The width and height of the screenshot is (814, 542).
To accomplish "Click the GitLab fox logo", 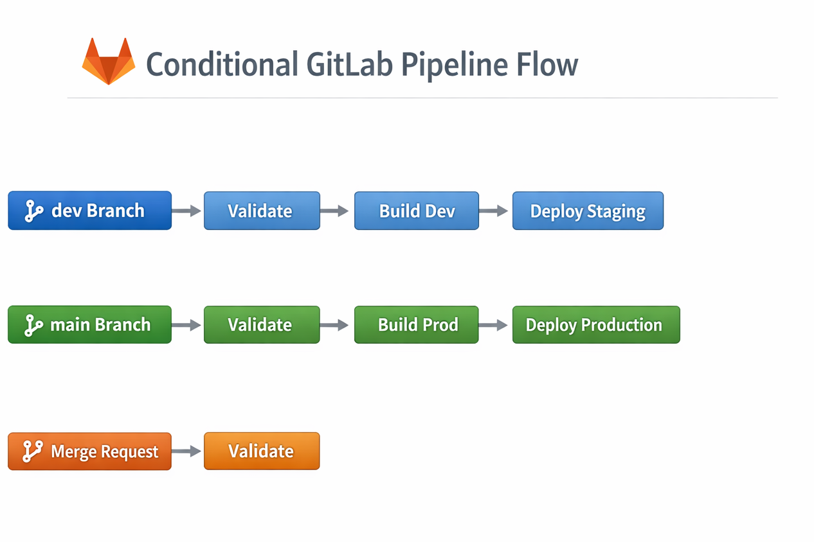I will (x=109, y=62).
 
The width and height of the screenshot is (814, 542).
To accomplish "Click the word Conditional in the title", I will (x=222, y=64).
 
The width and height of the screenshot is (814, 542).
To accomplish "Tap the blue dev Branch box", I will (x=89, y=211).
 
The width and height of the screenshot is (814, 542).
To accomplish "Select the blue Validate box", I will (x=262, y=211).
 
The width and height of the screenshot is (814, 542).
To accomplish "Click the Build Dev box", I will (x=416, y=211).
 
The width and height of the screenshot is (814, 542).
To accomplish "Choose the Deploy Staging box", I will (x=587, y=211).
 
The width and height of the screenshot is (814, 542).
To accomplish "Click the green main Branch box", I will (x=89, y=325).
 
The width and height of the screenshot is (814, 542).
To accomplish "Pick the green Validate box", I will (x=262, y=325).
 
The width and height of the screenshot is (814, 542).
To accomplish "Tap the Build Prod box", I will (x=416, y=325).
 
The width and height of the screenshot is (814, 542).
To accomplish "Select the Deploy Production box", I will (x=595, y=325).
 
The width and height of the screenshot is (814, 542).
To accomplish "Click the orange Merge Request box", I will (x=89, y=451).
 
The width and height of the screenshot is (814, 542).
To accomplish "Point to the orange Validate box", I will (x=262, y=451).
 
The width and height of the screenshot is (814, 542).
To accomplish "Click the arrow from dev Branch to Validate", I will (x=187, y=211).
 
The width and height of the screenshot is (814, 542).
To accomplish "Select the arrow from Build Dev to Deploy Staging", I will (x=494, y=211).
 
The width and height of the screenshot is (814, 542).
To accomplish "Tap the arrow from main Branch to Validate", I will (x=187, y=326).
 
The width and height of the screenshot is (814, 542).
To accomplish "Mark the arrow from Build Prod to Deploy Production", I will (x=494, y=326).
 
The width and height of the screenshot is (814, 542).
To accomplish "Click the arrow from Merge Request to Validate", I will (x=187, y=451).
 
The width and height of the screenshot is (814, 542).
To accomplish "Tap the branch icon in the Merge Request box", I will (x=32, y=451).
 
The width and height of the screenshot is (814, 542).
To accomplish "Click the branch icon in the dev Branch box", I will (x=33, y=211).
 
